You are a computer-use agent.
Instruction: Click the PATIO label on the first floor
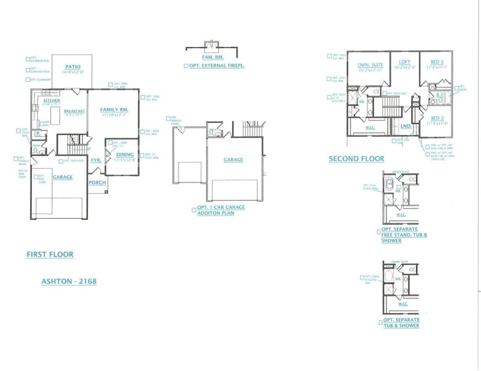click(73, 66)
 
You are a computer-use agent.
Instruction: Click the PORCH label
click(97, 182)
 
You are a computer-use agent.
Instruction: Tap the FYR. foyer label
click(96, 160)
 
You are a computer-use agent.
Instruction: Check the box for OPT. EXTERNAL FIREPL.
click(186, 65)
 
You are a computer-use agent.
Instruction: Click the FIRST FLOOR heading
click(50, 254)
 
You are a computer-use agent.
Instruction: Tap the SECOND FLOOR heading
click(356, 159)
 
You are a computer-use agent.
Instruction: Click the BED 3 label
click(437, 62)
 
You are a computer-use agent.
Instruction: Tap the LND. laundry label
click(405, 126)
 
